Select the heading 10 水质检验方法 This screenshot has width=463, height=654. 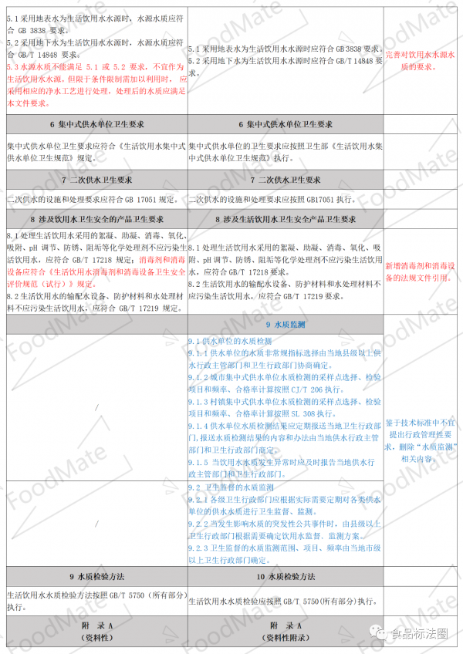[x=285, y=576]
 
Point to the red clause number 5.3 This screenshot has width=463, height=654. [x=13, y=67]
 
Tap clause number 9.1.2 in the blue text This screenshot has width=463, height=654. [x=202, y=377]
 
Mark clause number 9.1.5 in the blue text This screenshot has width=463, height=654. [x=202, y=461]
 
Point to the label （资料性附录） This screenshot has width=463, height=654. [x=285, y=638]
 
